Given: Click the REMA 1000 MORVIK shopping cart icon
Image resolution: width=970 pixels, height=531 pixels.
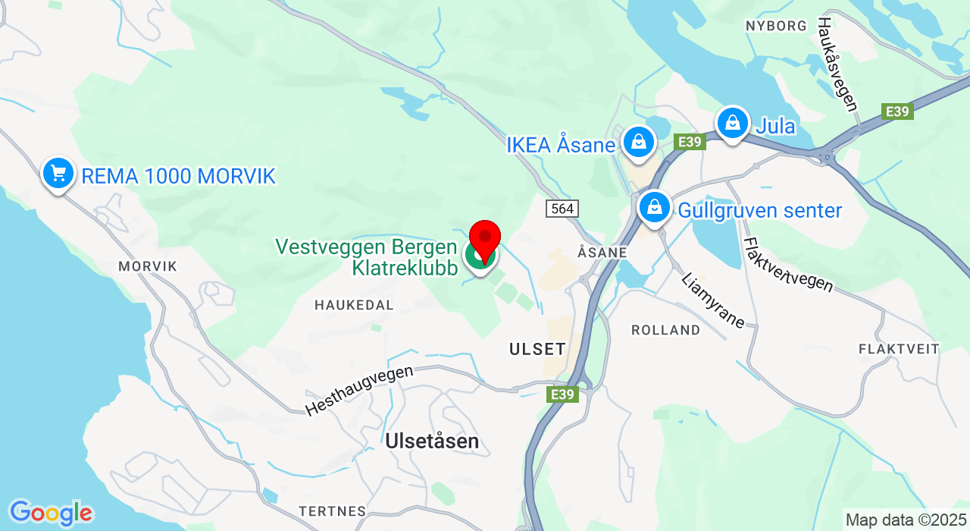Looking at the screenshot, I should [58, 174].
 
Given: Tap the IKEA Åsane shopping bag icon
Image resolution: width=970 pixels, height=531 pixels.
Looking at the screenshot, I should [639, 142].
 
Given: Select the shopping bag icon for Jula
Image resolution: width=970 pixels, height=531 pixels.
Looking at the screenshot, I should [733, 122].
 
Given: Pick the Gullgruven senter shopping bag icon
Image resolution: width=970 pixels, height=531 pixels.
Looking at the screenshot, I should [654, 206].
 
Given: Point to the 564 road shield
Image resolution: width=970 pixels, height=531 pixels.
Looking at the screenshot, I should [563, 209].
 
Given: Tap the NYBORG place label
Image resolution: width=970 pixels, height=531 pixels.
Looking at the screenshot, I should [776, 26].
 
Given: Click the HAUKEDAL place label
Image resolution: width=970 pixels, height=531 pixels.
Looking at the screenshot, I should [355, 305].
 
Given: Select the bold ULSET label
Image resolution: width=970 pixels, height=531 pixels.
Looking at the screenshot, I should [537, 349].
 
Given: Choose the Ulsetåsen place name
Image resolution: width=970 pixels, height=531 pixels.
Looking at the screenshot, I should [432, 441].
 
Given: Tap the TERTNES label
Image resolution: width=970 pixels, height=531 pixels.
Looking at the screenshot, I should [333, 511].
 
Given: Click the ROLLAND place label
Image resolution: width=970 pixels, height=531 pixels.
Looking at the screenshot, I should [666, 330].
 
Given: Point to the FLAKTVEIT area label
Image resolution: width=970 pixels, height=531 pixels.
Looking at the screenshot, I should [899, 349].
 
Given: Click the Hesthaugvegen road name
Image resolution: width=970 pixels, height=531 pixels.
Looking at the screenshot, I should [360, 391].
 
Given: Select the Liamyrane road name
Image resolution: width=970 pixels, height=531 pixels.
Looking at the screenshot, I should [713, 300].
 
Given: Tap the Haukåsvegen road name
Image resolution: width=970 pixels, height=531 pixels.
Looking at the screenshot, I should [837, 64].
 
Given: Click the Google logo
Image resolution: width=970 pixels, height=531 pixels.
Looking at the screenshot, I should [50, 514].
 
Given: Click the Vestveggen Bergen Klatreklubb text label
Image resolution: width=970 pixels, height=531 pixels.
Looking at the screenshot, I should [367, 258].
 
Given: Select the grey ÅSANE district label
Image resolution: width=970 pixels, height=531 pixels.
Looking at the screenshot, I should [602, 252].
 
